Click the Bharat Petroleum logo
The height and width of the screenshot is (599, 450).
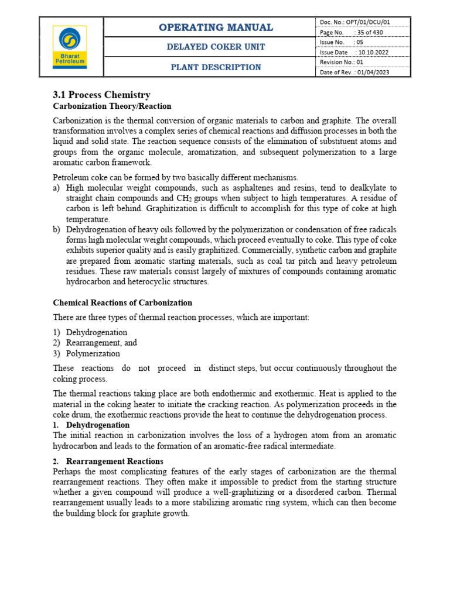pyautogui.click(x=70, y=47)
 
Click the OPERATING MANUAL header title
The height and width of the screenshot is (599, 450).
pyautogui.click(x=216, y=27)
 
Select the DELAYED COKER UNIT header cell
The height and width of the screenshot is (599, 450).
pyautogui.click(x=216, y=47)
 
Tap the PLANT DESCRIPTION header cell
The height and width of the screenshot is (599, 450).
pyautogui.click(x=216, y=67)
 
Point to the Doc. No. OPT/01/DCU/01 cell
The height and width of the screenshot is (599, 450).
pyautogui.click(x=355, y=22)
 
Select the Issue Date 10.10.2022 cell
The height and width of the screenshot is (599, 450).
pyautogui.click(x=354, y=52)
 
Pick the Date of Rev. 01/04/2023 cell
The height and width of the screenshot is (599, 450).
pyautogui.click(x=354, y=72)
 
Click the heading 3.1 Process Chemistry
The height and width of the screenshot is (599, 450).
pyautogui.click(x=101, y=95)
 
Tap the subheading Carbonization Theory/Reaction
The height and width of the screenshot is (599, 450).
pyautogui.click(x=112, y=106)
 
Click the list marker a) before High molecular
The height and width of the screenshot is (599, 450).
pyautogui.click(x=57, y=188)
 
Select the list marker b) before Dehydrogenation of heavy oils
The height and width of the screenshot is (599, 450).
pyautogui.click(x=57, y=230)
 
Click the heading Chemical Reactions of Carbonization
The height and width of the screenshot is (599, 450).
pyautogui.click(x=122, y=303)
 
